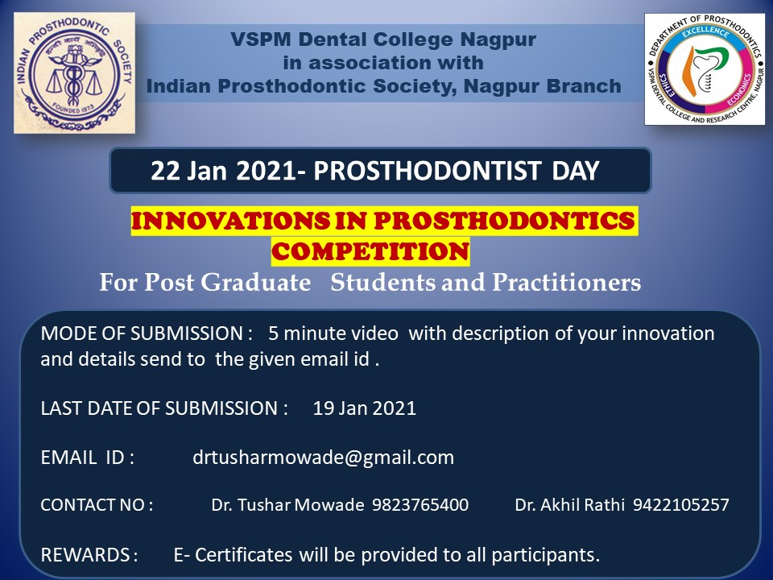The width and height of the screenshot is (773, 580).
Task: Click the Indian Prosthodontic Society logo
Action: tap(74, 72)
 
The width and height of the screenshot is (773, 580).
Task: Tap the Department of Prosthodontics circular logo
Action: tap(705, 69)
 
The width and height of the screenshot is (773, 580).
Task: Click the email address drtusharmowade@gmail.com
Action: tap(324, 458)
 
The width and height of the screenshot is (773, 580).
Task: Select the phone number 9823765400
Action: tap(420, 505)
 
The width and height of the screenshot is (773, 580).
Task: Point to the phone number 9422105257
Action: tap(681, 505)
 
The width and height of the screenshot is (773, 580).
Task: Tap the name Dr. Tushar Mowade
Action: tap(288, 505)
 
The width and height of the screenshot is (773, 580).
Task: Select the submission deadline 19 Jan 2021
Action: tap(365, 408)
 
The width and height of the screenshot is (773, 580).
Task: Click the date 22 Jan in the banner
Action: tap(188, 171)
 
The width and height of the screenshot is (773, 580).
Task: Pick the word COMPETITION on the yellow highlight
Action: tap(370, 251)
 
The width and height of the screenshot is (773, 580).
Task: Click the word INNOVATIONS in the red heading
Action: tap(229, 220)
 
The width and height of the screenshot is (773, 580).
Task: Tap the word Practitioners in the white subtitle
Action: tap(566, 282)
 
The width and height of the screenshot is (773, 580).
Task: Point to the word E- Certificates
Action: tap(233, 555)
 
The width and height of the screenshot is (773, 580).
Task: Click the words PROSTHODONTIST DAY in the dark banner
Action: tap(456, 171)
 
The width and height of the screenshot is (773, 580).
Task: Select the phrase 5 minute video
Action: tap(333, 333)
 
